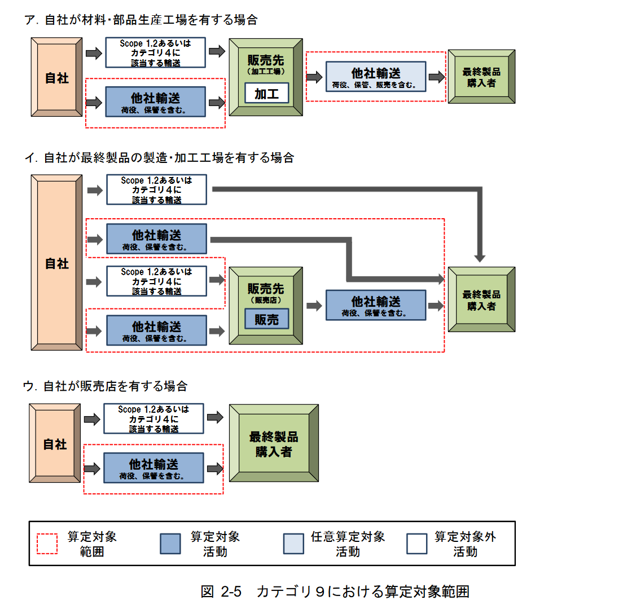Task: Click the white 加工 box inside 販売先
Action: click(266, 94)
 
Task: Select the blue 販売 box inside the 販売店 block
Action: click(266, 319)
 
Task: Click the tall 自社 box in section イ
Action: click(56, 263)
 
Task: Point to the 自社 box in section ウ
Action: click(55, 444)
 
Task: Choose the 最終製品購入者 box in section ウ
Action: click(274, 444)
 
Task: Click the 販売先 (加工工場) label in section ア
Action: click(266, 64)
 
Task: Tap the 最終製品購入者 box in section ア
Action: click(481, 77)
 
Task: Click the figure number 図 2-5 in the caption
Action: click(221, 592)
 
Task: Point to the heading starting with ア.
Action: click(141, 20)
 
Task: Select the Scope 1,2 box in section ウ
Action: click(154, 418)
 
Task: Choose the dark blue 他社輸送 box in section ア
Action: click(156, 102)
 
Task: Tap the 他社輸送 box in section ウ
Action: click(154, 468)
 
